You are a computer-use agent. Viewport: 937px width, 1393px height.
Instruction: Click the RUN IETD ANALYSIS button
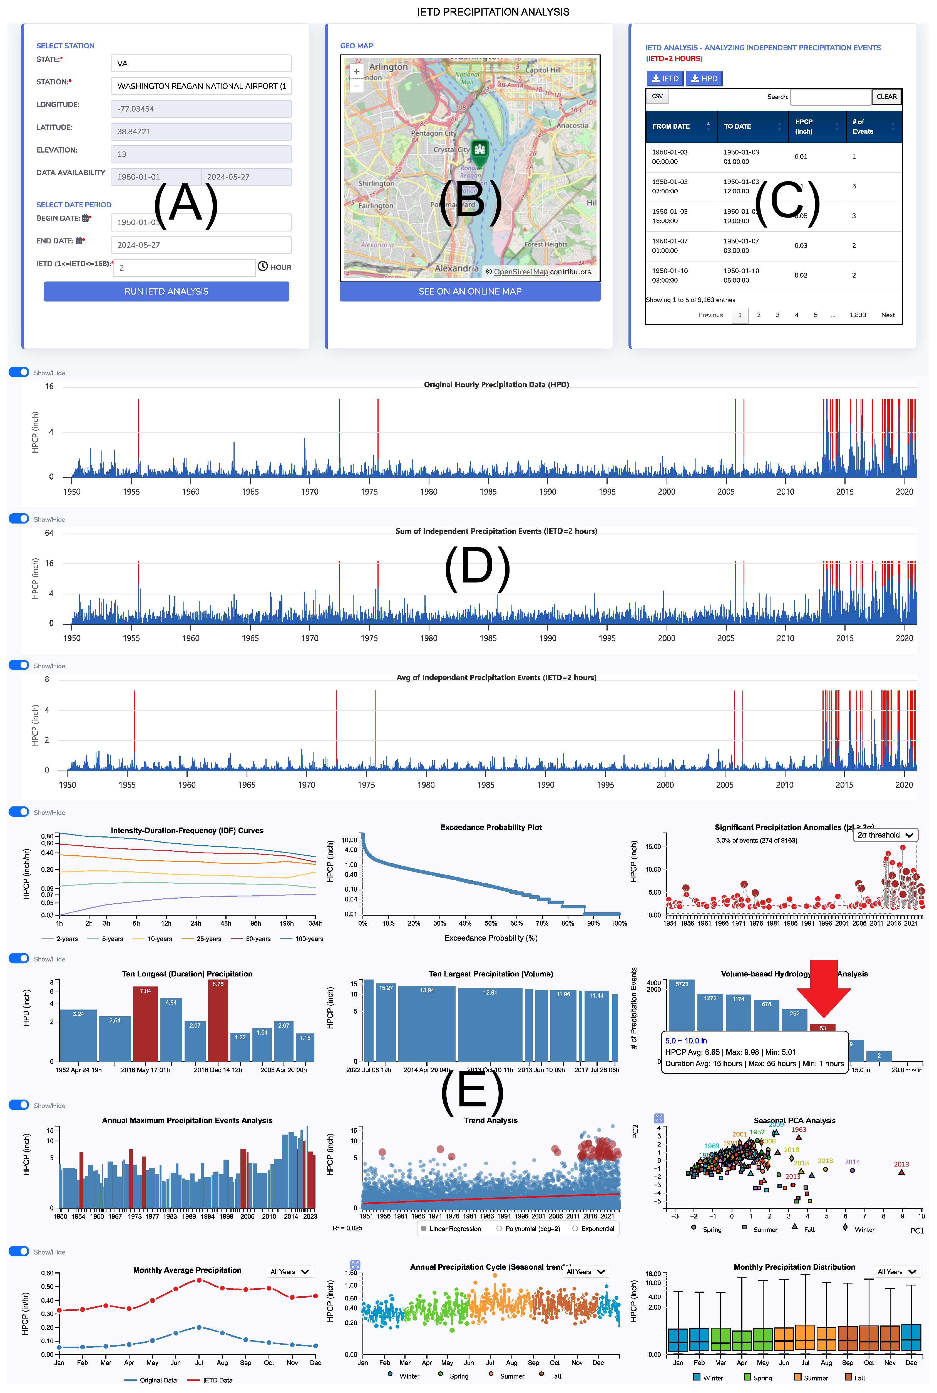[x=166, y=291]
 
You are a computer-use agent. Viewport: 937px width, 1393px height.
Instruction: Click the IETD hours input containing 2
[x=184, y=268]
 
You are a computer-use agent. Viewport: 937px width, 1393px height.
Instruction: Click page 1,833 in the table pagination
[x=858, y=315]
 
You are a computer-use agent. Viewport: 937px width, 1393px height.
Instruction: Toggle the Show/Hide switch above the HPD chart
[x=19, y=372]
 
